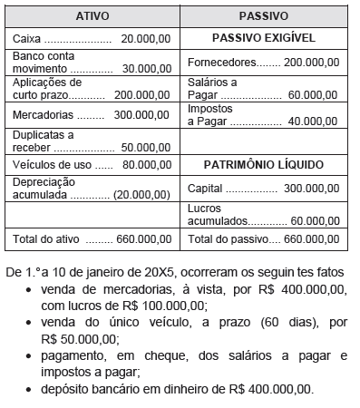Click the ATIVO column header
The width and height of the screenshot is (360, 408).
click(x=92, y=16)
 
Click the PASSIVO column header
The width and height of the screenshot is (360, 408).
click(x=263, y=16)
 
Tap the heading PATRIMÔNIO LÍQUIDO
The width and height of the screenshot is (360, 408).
click(x=263, y=165)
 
